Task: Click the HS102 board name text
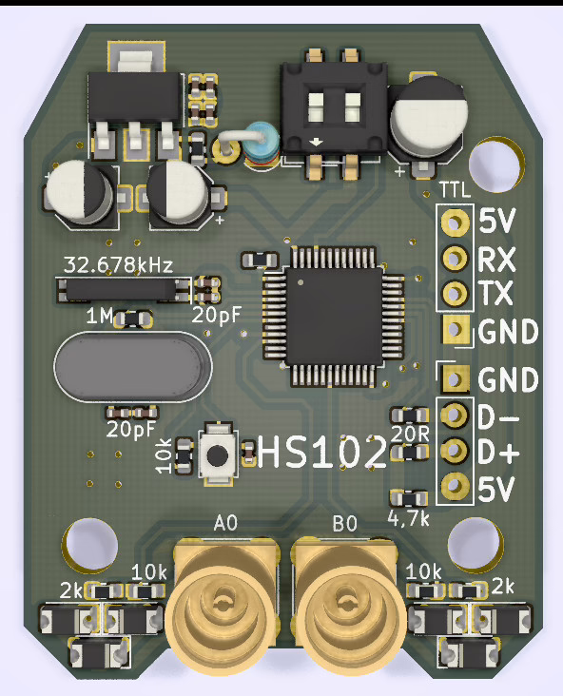[321, 452]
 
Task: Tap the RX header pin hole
[455, 258]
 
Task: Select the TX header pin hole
[455, 293]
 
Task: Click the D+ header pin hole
[455, 451]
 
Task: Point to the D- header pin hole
[455, 415]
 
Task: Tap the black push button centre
[217, 454]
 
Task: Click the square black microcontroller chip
[334, 316]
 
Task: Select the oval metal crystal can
[133, 367]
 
